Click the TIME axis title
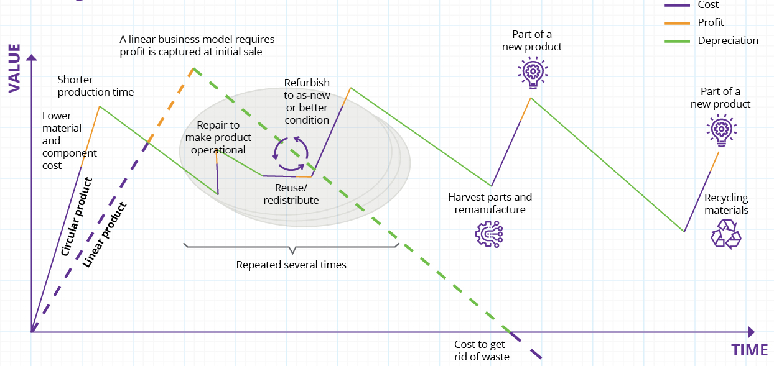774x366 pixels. pos(749,350)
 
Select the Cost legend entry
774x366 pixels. pos(708,5)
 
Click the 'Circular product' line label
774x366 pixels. pos(77,217)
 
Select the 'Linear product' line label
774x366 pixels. pos(105,235)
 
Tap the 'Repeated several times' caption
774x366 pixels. pos(291,265)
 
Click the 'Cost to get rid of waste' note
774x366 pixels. pos(482,350)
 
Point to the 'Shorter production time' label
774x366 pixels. pos(95,86)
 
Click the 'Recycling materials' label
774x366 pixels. pos(726,204)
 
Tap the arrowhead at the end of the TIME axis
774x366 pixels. pos(751,332)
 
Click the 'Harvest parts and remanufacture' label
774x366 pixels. pos(490,203)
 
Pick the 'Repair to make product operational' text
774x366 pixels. pos(218,137)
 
